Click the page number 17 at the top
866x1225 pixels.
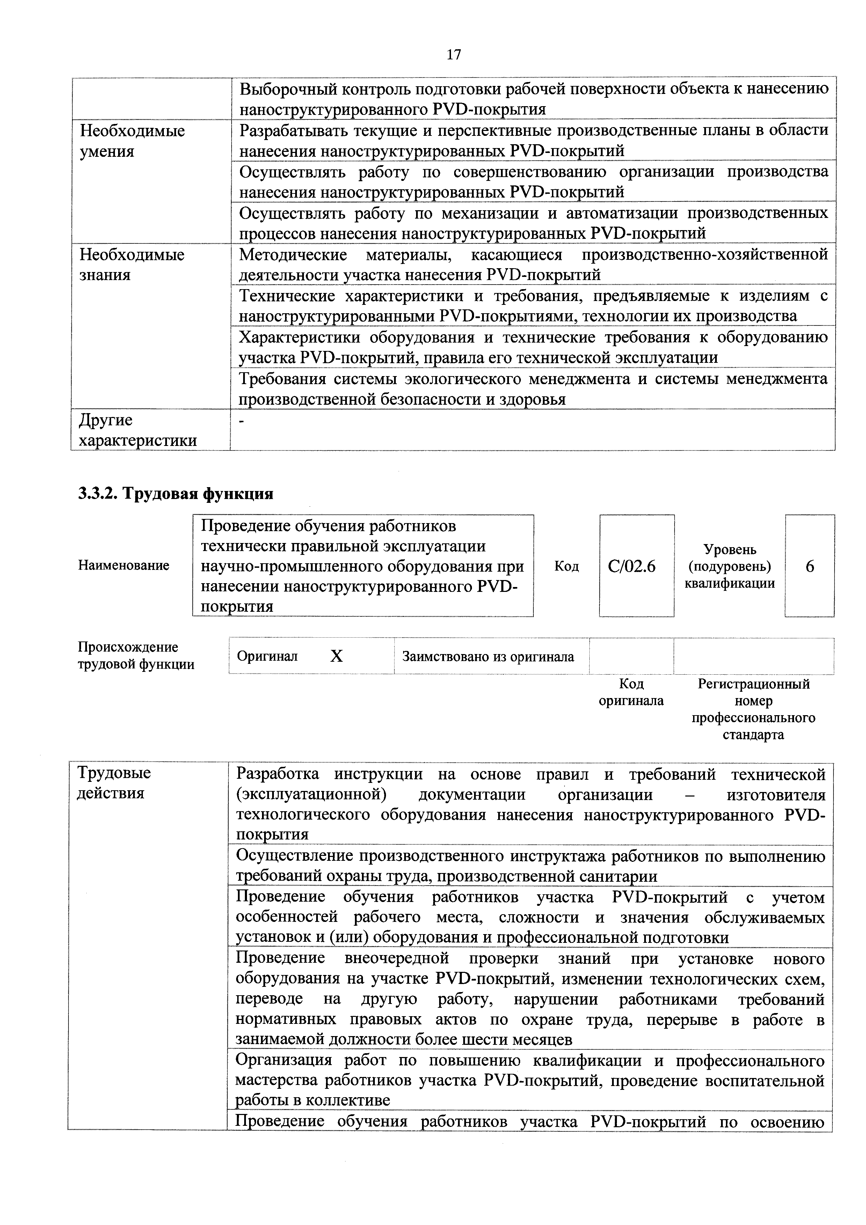(453, 54)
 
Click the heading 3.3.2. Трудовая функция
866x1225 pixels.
(176, 493)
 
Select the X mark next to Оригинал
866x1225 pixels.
(336, 656)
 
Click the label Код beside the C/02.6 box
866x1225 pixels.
(566, 566)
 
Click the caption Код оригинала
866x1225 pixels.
(631, 692)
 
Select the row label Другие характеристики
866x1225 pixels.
(138, 430)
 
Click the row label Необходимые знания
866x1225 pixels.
(132, 265)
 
